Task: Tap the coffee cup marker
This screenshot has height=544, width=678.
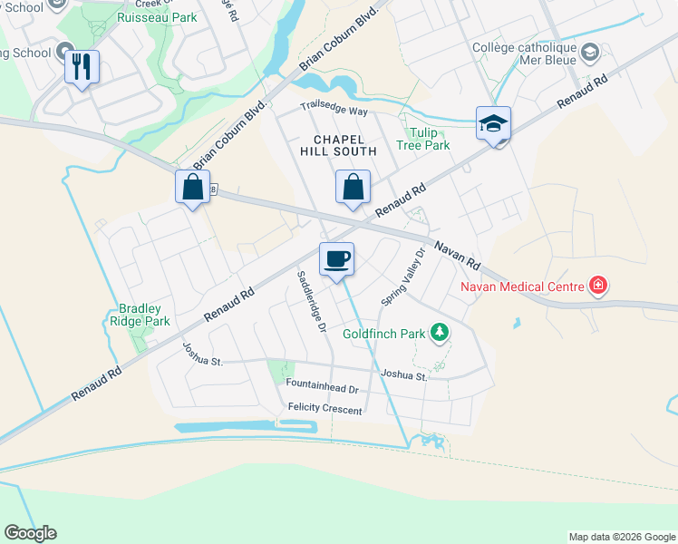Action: tap(336, 260)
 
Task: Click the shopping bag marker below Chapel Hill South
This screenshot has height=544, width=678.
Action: tap(353, 188)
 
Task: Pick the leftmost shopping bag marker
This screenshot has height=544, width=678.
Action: tap(192, 188)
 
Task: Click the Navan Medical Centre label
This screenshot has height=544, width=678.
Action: tap(524, 288)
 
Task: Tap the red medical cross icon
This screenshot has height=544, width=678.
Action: tap(597, 287)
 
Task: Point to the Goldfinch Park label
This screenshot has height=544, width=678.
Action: tap(383, 334)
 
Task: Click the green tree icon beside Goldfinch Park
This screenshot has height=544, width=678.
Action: tap(440, 333)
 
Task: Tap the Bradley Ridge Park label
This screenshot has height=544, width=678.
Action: tap(140, 315)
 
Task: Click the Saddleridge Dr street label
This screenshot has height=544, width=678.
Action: tap(309, 300)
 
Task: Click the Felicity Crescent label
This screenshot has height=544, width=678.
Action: tap(324, 410)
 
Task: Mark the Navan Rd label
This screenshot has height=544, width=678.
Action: tap(457, 255)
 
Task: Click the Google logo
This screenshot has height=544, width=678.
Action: tap(30, 533)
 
